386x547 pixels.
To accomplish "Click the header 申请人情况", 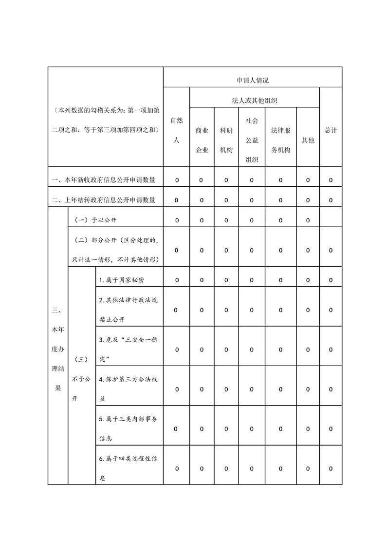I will pyautogui.click(x=252, y=80).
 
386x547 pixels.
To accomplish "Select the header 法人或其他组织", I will pyautogui.click(x=255, y=101).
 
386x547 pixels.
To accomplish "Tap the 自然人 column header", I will pyautogui.click(x=176, y=130).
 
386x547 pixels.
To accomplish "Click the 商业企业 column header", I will pyautogui.click(x=202, y=140).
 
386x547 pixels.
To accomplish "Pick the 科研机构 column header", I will pyautogui.click(x=226, y=140).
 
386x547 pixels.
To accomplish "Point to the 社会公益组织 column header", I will pyautogui.click(x=252, y=140).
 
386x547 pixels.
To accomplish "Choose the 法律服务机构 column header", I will pyautogui.click(x=280, y=140).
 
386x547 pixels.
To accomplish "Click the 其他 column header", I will pyautogui.click(x=308, y=140).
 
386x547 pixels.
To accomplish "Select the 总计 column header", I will pyautogui.click(x=331, y=130).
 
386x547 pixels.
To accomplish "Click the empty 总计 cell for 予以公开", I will pyautogui.click(x=331, y=220).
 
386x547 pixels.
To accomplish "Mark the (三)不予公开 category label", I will pyautogui.click(x=81, y=378).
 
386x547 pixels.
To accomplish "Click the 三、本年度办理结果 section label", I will pyautogui.click(x=57, y=349).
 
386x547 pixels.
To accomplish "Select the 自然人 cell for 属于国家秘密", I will pyautogui.click(x=176, y=280).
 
